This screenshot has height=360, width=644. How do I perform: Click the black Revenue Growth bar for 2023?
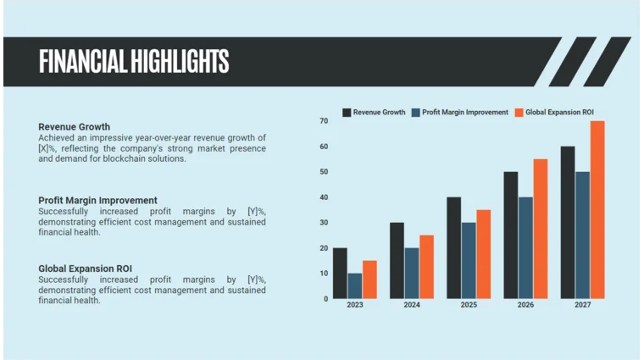[340, 273]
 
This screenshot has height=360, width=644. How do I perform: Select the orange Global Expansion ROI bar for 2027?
[597, 210]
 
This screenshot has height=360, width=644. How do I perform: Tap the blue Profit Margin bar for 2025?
[469, 260]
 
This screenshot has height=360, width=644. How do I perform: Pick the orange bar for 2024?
[426, 267]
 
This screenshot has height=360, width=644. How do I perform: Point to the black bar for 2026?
[511, 235]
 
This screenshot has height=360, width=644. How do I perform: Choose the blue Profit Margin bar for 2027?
[583, 235]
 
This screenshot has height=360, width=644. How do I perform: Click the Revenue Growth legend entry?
[374, 112]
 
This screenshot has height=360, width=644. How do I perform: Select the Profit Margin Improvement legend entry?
[459, 112]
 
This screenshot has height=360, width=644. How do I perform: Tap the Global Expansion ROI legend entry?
[554, 112]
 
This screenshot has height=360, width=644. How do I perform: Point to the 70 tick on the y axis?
[324, 121]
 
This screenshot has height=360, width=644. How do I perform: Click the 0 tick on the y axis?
[325, 298]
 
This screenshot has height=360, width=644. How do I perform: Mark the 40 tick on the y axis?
[324, 197]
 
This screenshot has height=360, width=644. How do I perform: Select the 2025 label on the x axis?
[469, 305]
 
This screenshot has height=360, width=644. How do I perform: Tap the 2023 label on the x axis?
[354, 305]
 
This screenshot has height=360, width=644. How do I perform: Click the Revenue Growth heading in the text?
[74, 127]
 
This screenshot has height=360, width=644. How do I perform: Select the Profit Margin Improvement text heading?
[97, 201]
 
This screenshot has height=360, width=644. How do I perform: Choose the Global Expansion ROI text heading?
[85, 269]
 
